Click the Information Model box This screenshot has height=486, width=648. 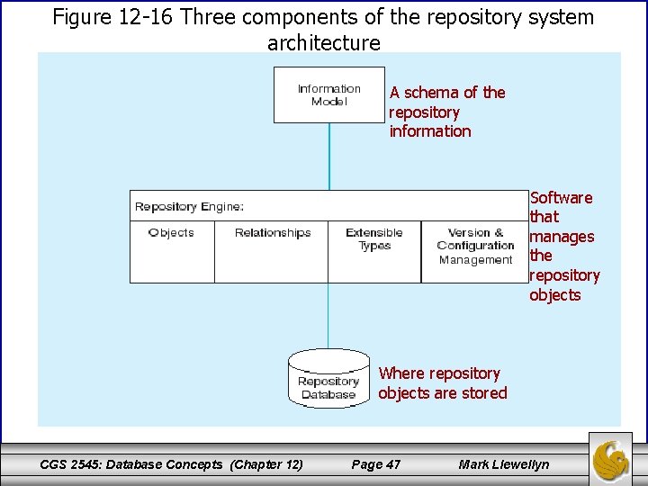point(328,94)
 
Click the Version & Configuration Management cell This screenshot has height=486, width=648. point(475,246)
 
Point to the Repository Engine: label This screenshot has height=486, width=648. point(189,207)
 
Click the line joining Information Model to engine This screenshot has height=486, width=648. point(329,155)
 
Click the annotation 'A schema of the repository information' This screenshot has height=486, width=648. point(446,112)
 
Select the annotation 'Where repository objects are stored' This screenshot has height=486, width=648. point(442,382)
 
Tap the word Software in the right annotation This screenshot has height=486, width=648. point(561,198)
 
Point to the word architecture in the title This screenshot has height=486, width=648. point(324,42)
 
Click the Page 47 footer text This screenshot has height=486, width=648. point(375,464)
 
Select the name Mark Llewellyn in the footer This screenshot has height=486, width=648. point(503,464)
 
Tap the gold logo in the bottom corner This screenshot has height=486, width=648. point(611,458)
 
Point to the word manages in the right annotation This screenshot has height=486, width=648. point(562,237)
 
